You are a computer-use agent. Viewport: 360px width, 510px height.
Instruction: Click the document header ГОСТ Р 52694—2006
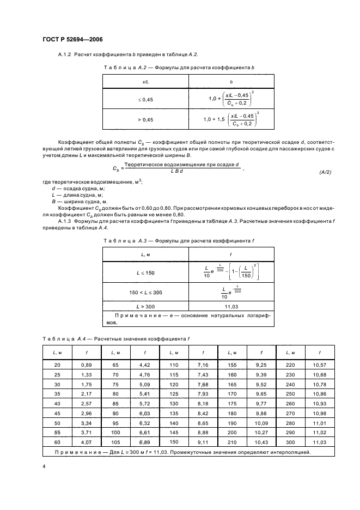click(x=72, y=40)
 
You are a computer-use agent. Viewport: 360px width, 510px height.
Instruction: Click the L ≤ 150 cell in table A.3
click(x=145, y=272)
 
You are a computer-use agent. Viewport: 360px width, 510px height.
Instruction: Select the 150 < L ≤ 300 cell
click(x=145, y=293)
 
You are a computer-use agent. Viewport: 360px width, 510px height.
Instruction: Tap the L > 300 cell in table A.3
click(x=145, y=307)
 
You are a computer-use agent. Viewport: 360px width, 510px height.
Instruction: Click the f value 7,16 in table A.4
click(x=203, y=363)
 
